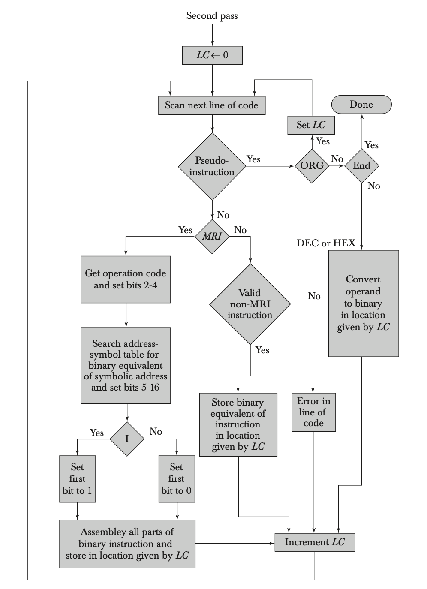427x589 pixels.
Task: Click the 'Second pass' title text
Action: pos(212,16)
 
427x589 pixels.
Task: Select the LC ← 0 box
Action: pos(212,55)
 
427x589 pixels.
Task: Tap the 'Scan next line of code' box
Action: pos(212,105)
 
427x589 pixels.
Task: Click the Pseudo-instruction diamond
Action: pos(212,166)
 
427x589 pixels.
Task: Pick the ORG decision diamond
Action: pos(312,166)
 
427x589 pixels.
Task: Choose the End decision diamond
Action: pos(361,166)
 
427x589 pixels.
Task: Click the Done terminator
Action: pos(361,105)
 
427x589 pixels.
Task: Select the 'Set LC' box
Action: pos(311,125)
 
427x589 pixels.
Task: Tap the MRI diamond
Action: pos(212,236)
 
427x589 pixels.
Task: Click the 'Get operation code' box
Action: pos(126,279)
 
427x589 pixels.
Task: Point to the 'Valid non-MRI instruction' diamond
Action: pos(250,304)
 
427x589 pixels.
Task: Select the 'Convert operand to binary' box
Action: pos(363,303)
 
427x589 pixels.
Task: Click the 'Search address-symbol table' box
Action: pos(126,365)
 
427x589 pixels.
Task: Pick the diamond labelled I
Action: pos(127,439)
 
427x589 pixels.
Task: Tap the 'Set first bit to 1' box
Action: pos(78,478)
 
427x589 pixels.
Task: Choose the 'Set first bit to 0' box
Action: pos(177,478)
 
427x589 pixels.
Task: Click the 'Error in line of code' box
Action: pos(313,412)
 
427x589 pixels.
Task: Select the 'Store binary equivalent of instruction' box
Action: pos(238,424)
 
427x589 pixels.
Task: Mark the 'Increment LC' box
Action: pos(315,542)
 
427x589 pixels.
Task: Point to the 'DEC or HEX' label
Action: pos(326,243)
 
